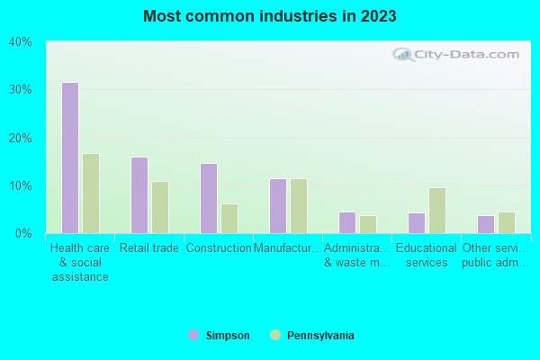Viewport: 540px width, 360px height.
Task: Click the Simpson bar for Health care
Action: pos(69,157)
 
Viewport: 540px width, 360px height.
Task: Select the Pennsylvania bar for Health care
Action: pos(91,193)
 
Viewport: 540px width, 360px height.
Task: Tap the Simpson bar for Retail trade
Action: pos(139,195)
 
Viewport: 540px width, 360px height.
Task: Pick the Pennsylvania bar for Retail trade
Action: pos(160,207)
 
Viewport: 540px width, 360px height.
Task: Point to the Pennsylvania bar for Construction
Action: pos(229,219)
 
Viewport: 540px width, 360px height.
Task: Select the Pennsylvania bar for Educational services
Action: pos(437,211)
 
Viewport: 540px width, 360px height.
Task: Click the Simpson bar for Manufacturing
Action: pos(277,206)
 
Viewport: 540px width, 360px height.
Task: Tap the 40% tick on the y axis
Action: pos(20,41)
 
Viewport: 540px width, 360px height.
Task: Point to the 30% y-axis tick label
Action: pos(20,90)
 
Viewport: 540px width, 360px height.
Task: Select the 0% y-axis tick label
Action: pos(23,234)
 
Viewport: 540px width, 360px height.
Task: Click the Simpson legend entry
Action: pos(220,336)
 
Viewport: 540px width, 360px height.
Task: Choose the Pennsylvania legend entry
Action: pos(312,336)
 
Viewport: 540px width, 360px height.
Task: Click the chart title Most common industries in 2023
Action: pos(269,16)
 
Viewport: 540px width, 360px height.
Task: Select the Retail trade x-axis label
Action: pos(149,248)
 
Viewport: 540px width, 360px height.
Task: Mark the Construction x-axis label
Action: pos(219,248)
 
